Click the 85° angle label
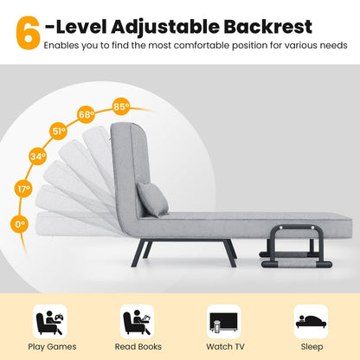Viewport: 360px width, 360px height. (x=120, y=107)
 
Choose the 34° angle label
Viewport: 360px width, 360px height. (x=37, y=157)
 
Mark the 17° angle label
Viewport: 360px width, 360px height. (x=24, y=189)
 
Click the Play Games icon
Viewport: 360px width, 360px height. (x=49, y=321)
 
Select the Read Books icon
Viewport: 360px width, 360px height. (x=137, y=321)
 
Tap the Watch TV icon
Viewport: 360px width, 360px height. (x=223, y=321)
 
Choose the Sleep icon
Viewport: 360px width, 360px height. (x=311, y=319)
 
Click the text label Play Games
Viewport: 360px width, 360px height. (x=49, y=346)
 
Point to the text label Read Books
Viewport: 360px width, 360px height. (x=137, y=346)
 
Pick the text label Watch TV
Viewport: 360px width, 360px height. (x=223, y=346)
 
